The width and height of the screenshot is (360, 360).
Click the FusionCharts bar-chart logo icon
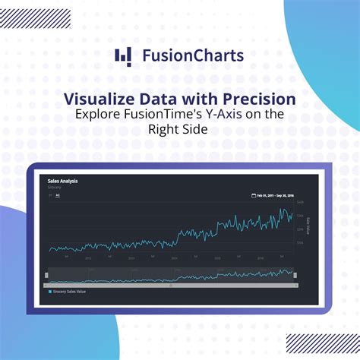click(x=122, y=56)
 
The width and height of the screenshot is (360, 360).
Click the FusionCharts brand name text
click(x=193, y=55)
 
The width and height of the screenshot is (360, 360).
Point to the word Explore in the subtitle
click(x=97, y=114)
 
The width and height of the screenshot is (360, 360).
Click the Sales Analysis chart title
click(x=63, y=182)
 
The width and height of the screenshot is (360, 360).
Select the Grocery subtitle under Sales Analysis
click(x=54, y=187)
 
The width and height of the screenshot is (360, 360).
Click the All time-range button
click(x=58, y=195)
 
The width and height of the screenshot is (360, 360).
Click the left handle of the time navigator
click(x=47, y=274)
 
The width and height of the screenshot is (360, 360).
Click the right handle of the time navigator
click(x=296, y=274)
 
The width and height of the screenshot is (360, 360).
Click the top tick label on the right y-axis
click(x=301, y=203)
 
